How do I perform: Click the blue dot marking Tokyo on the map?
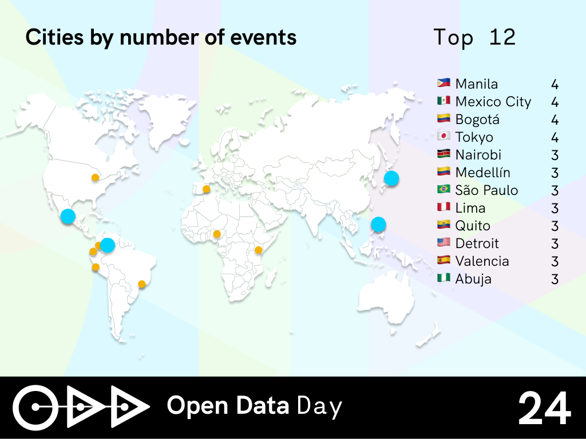pyautogui.click(x=391, y=178)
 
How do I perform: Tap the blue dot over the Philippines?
pyautogui.click(x=378, y=224)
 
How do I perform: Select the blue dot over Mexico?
pyautogui.click(x=68, y=216)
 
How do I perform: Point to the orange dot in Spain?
pyautogui.click(x=206, y=189)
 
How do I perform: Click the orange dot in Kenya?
pyautogui.click(x=258, y=250)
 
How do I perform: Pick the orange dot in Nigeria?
pyautogui.click(x=217, y=234)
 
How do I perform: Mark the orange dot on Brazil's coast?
pyautogui.click(x=142, y=284)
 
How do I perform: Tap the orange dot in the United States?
pyautogui.click(x=96, y=177)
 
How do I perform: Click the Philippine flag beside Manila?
pyautogui.click(x=444, y=83)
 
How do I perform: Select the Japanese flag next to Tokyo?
pyautogui.click(x=444, y=136)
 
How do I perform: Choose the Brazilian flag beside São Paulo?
pyautogui.click(x=444, y=189)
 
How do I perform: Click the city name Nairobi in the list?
pyautogui.click(x=478, y=154)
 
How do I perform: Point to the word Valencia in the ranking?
pyautogui.click(x=482, y=261)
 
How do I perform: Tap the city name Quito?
pyautogui.click(x=473, y=226)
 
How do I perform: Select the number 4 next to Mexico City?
pyautogui.click(x=555, y=102)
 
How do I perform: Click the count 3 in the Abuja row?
pyautogui.click(x=555, y=279)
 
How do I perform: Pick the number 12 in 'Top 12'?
pyautogui.click(x=502, y=37)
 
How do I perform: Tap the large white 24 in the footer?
pyautogui.click(x=545, y=408)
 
